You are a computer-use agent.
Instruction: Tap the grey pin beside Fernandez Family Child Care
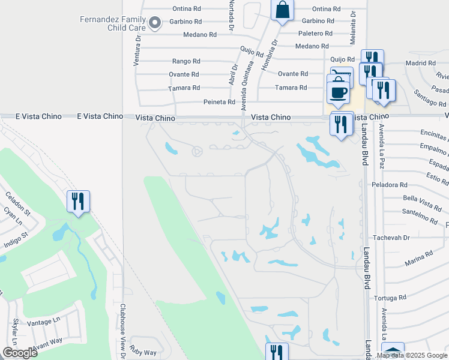155,23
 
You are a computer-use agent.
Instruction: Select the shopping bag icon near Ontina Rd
282,10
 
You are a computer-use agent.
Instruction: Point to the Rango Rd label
185,61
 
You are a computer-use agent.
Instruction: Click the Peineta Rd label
219,102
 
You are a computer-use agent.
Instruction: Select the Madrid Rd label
420,63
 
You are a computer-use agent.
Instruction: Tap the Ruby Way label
143,353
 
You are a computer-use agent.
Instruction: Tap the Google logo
20,353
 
